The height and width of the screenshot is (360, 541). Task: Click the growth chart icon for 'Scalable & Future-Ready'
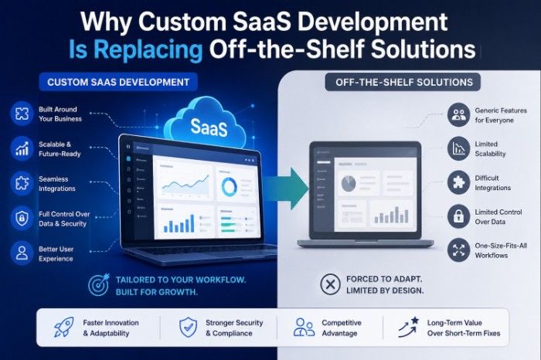click(22, 148)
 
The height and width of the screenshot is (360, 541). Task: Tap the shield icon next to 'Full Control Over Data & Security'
click(22, 217)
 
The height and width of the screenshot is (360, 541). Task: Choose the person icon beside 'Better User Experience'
click(22, 252)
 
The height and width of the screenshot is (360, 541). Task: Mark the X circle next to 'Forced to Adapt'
click(330, 284)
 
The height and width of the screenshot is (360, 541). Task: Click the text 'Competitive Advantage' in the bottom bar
click(340, 328)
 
